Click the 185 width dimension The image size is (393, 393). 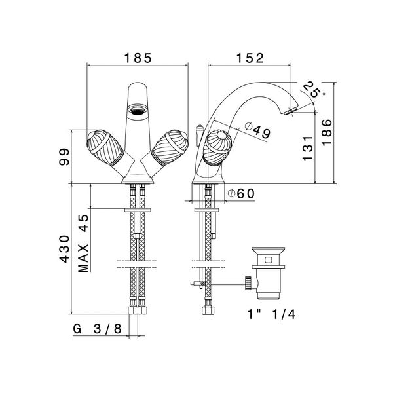(x=138, y=58)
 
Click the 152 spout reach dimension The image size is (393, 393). (x=250, y=58)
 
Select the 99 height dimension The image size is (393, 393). (x=64, y=157)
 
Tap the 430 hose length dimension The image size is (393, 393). (x=64, y=249)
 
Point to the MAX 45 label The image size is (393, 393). (x=83, y=244)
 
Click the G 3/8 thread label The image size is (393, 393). (x=98, y=329)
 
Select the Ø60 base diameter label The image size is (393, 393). (x=241, y=193)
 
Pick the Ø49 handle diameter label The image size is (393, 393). (x=257, y=130)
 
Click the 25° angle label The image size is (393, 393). (x=314, y=90)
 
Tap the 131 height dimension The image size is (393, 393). (x=308, y=149)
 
